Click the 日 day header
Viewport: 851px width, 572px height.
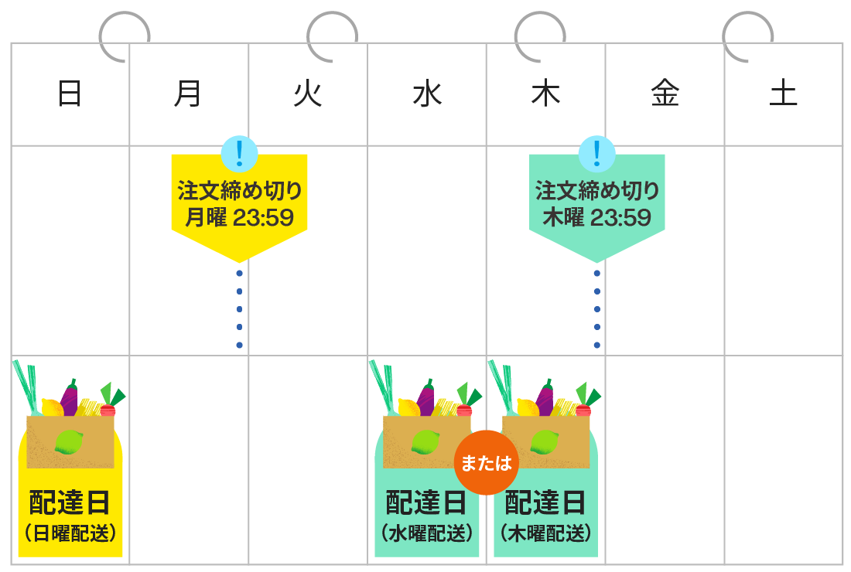point(70,94)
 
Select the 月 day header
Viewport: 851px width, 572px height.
point(188,94)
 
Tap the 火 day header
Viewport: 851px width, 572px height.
point(307,94)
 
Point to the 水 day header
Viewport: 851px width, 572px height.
point(426,94)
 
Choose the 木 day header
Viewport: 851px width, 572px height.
point(545,94)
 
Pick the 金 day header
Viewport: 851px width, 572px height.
point(665,94)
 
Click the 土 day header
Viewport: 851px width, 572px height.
point(783,94)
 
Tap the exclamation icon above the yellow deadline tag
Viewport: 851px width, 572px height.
point(239,153)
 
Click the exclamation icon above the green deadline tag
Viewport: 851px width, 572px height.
point(597,153)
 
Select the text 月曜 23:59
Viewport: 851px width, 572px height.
point(239,217)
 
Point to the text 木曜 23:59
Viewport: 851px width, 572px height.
point(597,217)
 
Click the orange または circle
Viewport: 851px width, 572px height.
point(487,462)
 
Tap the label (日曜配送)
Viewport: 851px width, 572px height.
point(70,533)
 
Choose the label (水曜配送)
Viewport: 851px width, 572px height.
point(427,533)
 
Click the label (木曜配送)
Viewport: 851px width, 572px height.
point(546,533)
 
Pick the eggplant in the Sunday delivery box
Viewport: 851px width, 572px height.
point(70,398)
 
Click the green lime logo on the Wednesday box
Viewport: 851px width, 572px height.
point(425,442)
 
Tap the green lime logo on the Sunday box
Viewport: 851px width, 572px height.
point(69,442)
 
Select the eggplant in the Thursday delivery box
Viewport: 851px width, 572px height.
point(545,398)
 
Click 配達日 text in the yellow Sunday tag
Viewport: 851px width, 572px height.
point(70,503)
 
